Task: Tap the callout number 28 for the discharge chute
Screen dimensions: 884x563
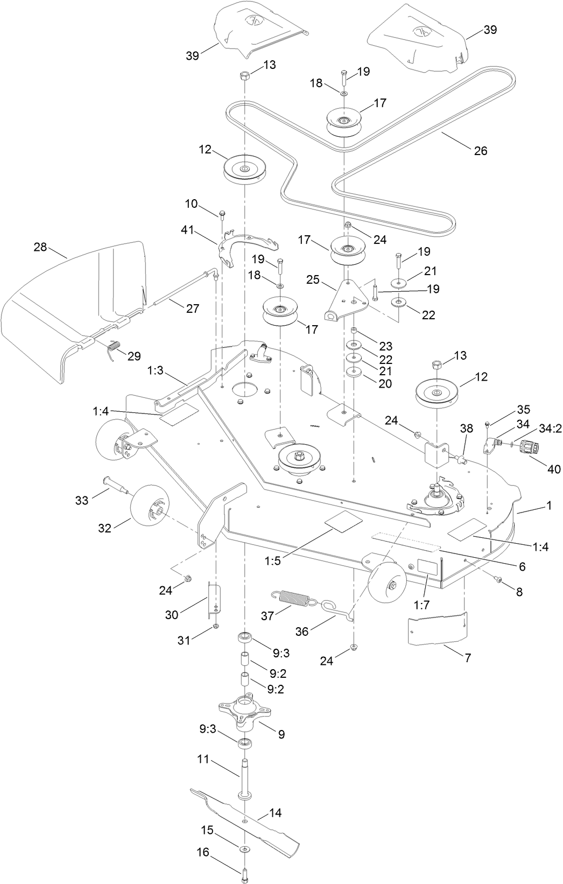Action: click(40, 248)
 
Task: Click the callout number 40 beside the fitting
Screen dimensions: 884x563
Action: click(554, 469)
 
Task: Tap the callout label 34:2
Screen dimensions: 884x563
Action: click(550, 429)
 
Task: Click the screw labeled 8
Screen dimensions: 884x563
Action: click(498, 580)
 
